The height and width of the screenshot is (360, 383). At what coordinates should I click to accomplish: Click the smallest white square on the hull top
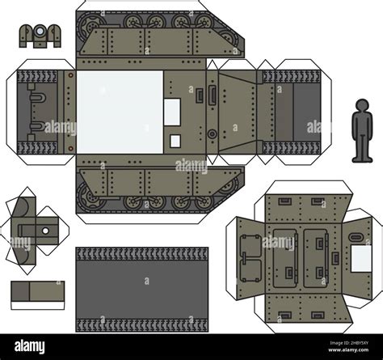175,142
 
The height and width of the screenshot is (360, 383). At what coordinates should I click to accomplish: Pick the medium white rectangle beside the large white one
174,112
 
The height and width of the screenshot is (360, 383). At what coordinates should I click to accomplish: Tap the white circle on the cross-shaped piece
44,231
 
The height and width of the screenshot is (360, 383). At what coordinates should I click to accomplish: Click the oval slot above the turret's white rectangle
354,235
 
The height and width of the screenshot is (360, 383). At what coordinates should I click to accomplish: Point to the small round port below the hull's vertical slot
211,133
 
